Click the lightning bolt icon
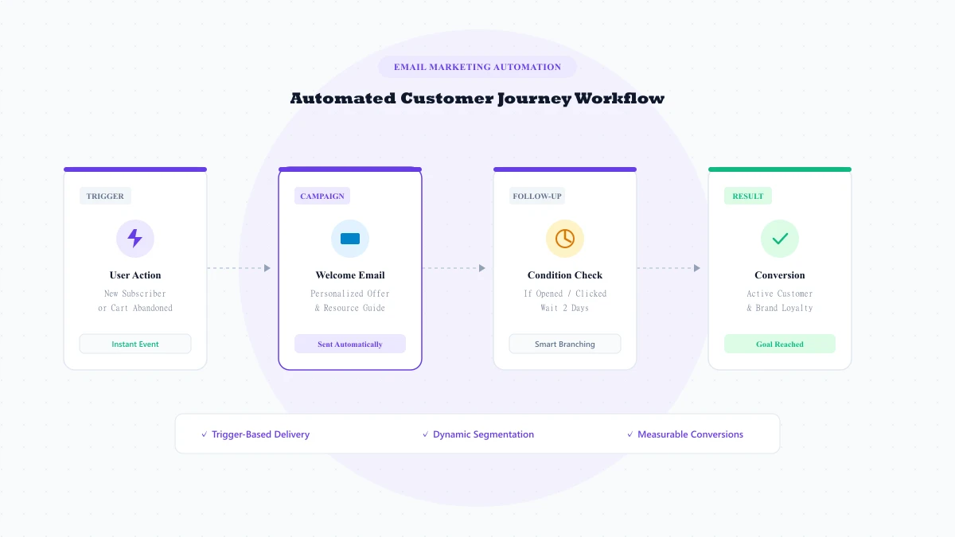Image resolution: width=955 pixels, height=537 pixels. coord(134,238)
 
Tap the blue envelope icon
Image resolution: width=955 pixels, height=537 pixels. coord(350,239)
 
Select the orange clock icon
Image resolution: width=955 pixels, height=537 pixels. coord(565,239)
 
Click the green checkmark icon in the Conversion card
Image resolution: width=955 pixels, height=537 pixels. coord(780,239)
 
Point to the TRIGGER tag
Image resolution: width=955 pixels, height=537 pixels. coord(105,196)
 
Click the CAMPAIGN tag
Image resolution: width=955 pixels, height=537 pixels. coord(322,196)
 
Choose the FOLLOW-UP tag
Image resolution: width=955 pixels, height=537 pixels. coord(537,196)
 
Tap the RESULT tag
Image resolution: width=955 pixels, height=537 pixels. coord(748,196)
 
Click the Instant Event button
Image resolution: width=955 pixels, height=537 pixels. coord(135,344)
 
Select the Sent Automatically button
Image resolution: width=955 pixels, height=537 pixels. coord(350,344)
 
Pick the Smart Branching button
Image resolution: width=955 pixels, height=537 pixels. coord(565,344)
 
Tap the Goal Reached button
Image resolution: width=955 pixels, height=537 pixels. coord(780,344)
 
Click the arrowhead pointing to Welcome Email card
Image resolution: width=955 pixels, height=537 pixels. coord(267,268)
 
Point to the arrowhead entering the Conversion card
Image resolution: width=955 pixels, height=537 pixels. coord(697,268)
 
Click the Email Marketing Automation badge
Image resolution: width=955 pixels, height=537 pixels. coord(477,67)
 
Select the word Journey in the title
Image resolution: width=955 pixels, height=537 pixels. coord(534,99)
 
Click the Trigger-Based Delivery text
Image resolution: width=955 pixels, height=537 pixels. coord(260,434)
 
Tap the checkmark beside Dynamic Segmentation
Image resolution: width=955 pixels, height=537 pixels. coord(426,434)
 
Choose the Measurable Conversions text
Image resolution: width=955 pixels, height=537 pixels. coord(690,434)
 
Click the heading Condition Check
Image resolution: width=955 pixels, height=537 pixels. coord(565,275)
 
